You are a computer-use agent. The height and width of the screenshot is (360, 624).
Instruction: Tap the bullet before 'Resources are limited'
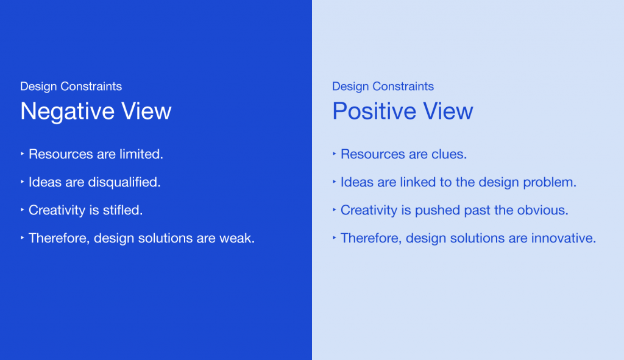pyautogui.click(x=23, y=154)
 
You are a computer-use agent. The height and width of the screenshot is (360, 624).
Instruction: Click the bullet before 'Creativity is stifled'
pyautogui.click(x=23, y=210)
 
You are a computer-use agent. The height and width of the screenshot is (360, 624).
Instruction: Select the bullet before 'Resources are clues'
pyautogui.click(x=335, y=154)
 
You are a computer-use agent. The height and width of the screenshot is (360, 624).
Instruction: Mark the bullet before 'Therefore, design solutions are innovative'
pyautogui.click(x=335, y=238)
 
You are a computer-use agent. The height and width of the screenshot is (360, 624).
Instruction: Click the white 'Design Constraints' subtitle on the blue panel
pyautogui.click(x=71, y=86)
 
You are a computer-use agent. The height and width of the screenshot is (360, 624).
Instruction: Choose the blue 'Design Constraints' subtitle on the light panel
pyautogui.click(x=383, y=86)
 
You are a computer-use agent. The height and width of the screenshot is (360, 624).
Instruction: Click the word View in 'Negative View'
pyautogui.click(x=146, y=111)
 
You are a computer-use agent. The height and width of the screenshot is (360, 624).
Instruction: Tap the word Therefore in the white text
pyautogui.click(x=59, y=238)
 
